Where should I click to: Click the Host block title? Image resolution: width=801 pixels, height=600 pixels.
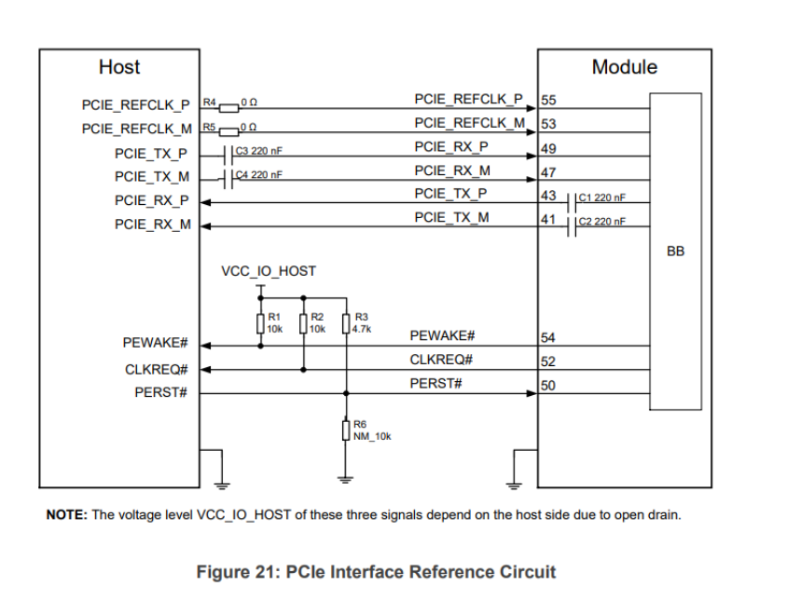118,67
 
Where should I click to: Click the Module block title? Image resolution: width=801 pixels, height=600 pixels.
624,67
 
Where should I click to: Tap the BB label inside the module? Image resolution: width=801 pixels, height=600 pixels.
676,251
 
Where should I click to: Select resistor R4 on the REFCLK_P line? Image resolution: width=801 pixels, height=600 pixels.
228,103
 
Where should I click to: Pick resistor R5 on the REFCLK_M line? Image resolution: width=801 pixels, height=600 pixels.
228,128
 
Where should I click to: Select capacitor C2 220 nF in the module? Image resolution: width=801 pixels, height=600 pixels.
573,225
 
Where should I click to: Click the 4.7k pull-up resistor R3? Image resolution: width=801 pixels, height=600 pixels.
346,324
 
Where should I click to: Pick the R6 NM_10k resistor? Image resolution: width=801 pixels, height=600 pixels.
346,430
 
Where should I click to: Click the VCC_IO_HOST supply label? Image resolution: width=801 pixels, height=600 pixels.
268,271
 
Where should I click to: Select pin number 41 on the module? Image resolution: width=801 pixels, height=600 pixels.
549,221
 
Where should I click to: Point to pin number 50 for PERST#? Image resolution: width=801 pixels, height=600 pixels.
549,386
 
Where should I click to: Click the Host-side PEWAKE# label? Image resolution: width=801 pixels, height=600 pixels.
156,344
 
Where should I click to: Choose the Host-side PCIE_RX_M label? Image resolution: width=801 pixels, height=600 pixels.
152,225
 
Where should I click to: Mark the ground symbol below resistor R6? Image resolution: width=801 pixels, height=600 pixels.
346,480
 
